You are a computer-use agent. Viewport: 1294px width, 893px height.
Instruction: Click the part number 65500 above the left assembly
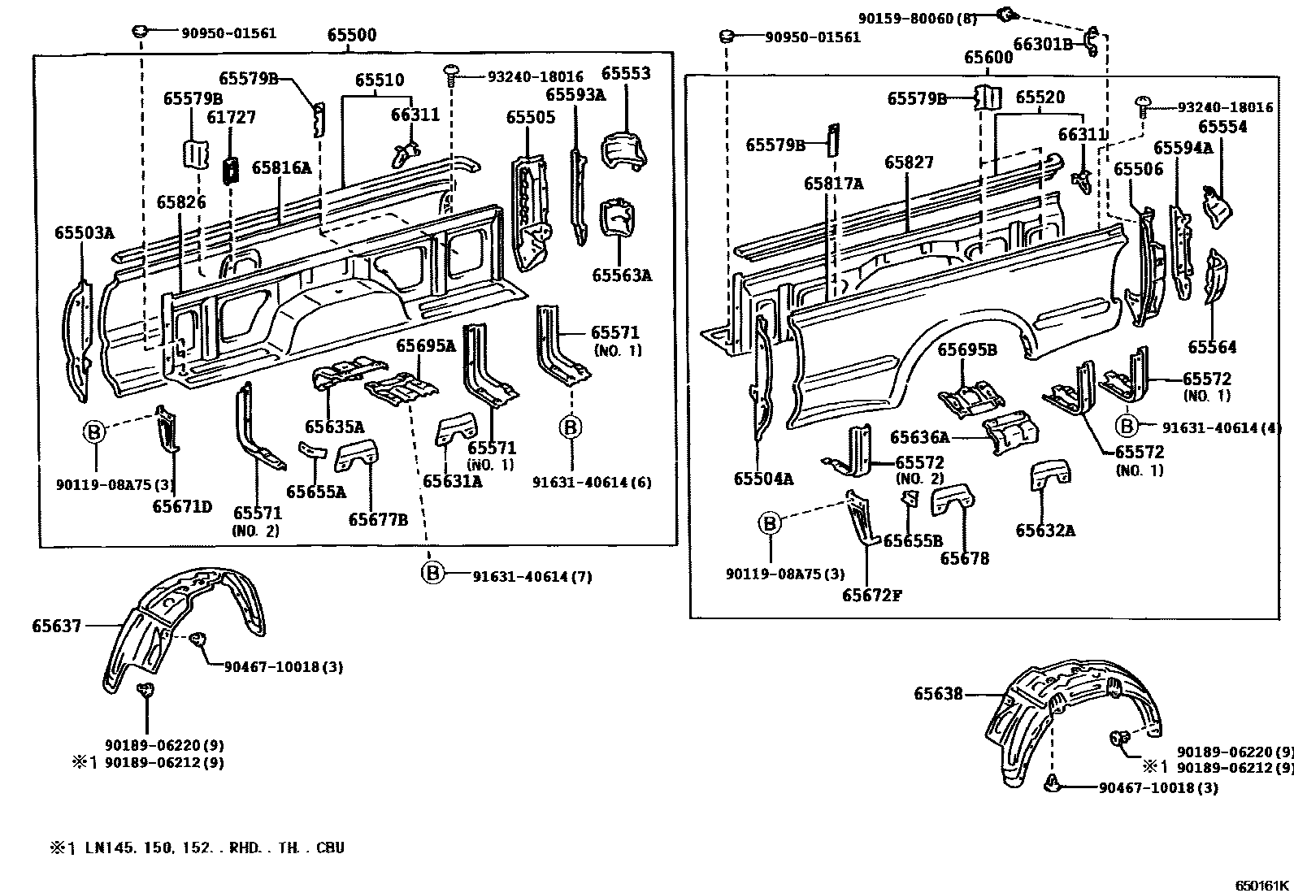[351, 35]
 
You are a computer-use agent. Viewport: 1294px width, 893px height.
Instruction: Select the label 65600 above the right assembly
[988, 58]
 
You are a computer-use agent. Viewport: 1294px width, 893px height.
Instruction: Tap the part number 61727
[231, 117]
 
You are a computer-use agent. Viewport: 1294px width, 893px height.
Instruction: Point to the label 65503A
[85, 233]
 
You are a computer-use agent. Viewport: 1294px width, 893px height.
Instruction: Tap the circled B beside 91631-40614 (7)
[433, 574]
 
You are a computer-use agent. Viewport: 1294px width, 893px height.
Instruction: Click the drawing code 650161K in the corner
[1262, 884]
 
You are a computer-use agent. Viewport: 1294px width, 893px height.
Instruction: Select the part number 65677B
[379, 520]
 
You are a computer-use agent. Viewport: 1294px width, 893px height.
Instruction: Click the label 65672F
[872, 595]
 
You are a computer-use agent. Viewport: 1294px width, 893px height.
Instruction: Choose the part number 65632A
[1045, 531]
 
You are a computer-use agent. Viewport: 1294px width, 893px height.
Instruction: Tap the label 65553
[626, 74]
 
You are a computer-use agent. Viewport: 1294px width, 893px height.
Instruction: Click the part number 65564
[1212, 347]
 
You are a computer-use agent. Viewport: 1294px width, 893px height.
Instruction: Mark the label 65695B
[967, 350]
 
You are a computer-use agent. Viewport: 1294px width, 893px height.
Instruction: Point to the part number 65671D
[182, 507]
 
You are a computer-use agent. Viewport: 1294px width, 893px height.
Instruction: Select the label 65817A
[834, 184]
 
